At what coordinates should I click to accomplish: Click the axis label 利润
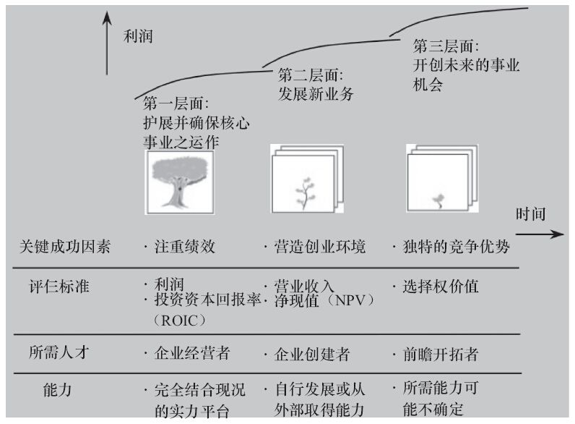pos(139,36)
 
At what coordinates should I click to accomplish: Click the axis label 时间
pos(530,215)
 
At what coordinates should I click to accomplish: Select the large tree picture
pos(181,182)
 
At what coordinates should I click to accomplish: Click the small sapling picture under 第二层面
pos(306,185)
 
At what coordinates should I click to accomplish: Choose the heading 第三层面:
pos(446,46)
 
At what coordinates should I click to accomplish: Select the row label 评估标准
pos(56,286)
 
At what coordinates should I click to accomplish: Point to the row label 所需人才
pos(56,354)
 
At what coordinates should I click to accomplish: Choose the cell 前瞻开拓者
pos(443,355)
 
